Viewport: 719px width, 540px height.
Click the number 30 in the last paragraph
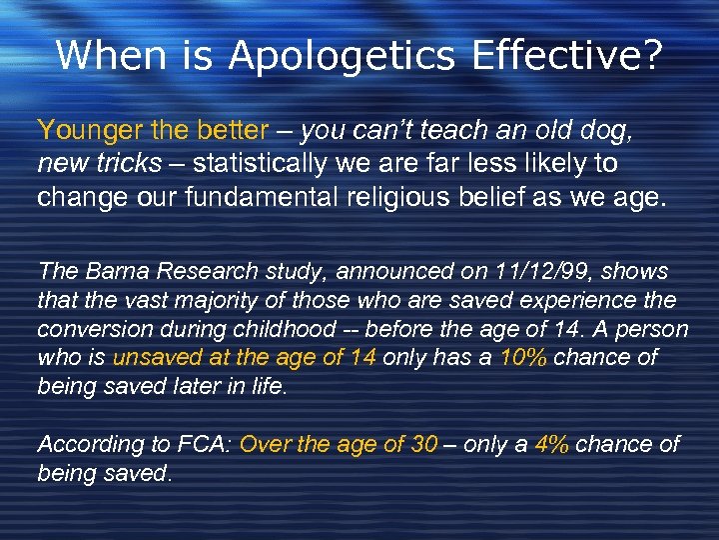423,445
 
